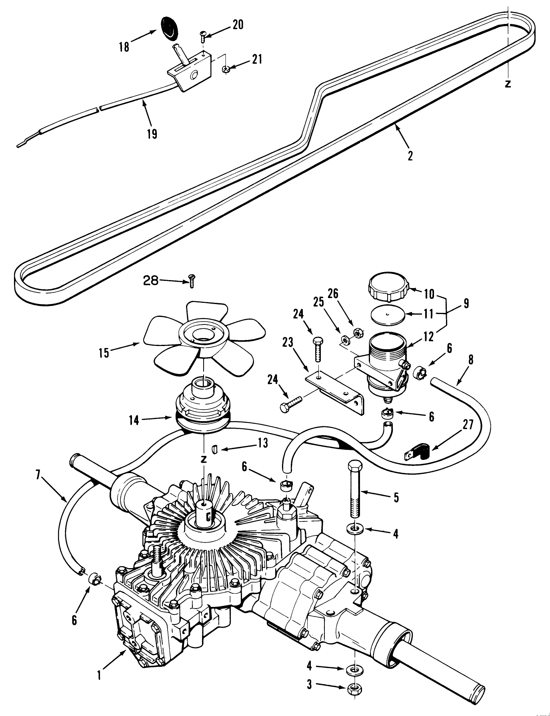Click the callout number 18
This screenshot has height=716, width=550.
[124, 47]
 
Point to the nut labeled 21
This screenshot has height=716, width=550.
[226, 70]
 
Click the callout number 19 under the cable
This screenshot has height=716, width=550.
[152, 133]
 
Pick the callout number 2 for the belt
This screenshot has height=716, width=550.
[410, 156]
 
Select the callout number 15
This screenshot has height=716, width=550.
[104, 353]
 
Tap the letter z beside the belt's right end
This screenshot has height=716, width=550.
[508, 84]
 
